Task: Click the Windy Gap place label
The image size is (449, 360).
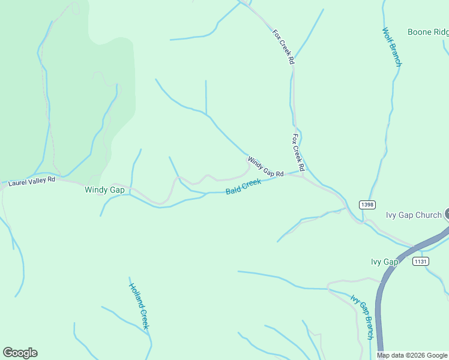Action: (x=104, y=190)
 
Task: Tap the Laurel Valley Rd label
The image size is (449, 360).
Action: (x=31, y=179)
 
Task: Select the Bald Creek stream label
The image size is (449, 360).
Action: (x=243, y=187)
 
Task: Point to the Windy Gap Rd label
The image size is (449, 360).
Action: (x=265, y=167)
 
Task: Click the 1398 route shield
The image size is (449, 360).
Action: (x=367, y=205)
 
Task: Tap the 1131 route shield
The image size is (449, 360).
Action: (x=420, y=261)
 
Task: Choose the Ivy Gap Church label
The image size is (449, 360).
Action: (x=414, y=215)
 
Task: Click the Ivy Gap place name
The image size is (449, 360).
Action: (x=385, y=262)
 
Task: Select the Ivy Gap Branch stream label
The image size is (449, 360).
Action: (x=362, y=317)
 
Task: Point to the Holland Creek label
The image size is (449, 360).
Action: (x=139, y=305)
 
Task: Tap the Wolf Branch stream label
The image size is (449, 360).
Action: (x=391, y=46)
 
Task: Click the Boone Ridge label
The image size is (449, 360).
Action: (x=428, y=32)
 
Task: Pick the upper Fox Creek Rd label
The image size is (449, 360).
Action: (x=283, y=47)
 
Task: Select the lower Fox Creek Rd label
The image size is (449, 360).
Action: (x=298, y=152)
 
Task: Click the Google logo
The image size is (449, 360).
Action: (x=20, y=353)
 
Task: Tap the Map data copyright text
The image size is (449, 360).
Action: (x=412, y=355)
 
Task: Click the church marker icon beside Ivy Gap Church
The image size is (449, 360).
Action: (x=447, y=215)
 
